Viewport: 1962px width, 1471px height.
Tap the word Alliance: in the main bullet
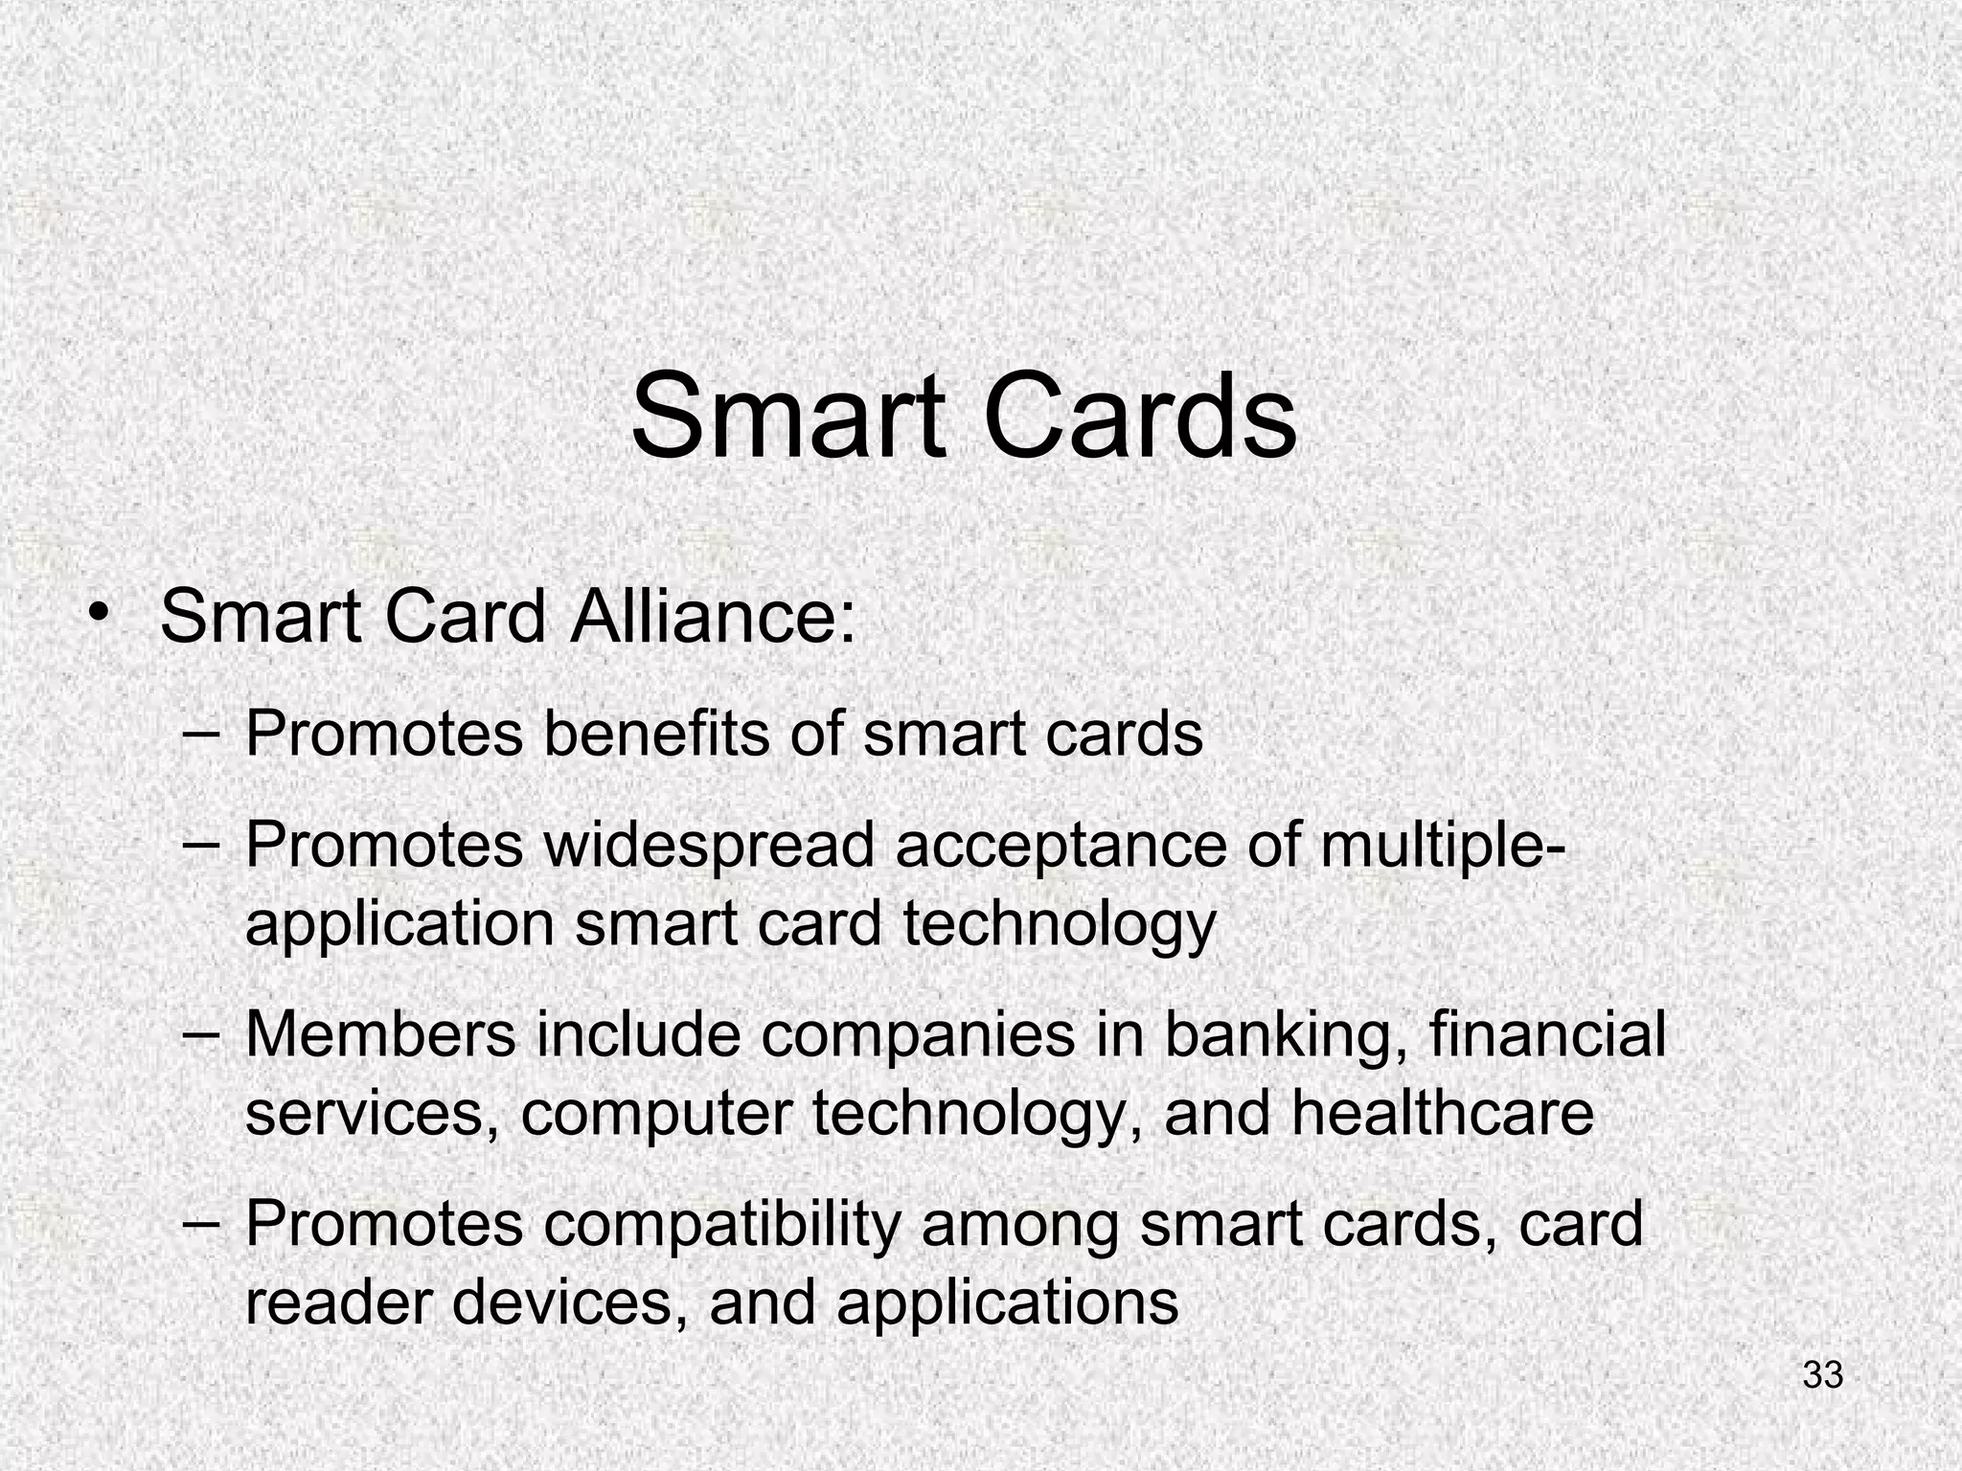tap(712, 617)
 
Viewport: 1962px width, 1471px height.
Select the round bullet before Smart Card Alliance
tap(98, 613)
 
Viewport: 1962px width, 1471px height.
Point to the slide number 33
tap(1822, 1375)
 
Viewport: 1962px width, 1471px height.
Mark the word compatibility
tap(722, 1225)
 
